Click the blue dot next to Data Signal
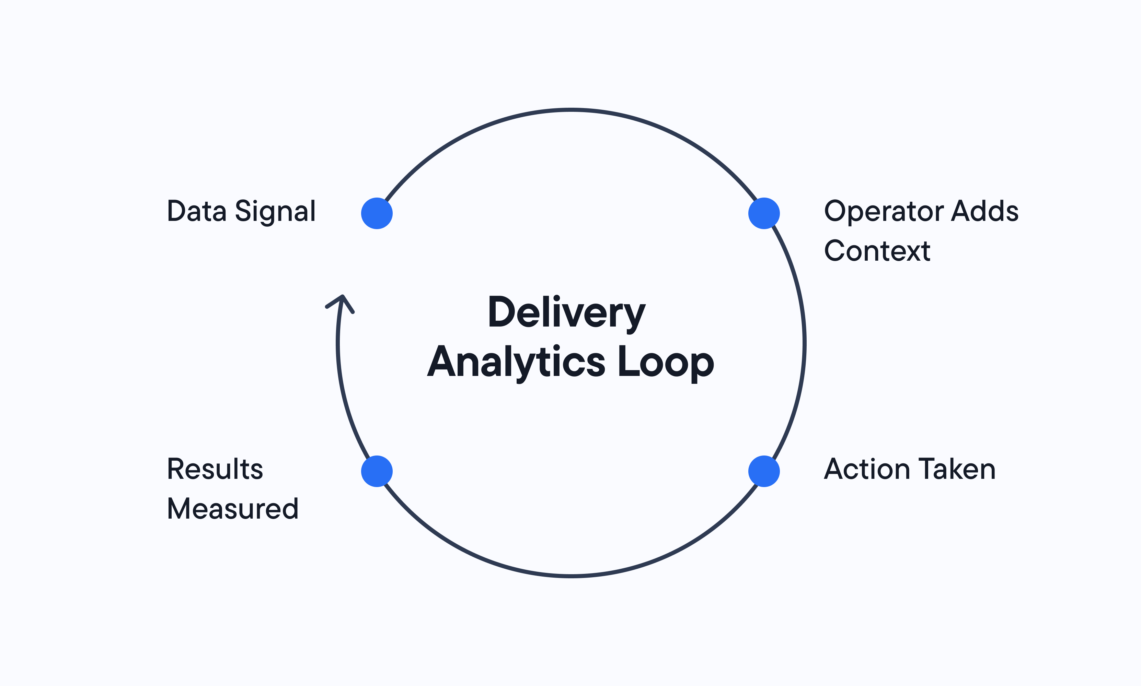(377, 213)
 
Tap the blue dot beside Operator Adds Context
(764, 213)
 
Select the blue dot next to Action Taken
(764, 471)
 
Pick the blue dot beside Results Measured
(377, 471)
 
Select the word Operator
(884, 212)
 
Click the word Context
(877, 251)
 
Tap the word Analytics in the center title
(516, 363)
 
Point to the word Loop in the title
(666, 363)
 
